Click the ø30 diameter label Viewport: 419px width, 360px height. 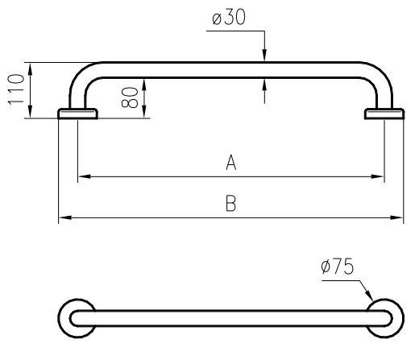pos(229,17)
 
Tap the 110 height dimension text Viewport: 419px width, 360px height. pos(16,90)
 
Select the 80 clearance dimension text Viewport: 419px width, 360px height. pos(130,97)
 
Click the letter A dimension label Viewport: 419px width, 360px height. pos(230,163)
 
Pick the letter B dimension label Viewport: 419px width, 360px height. pos(230,204)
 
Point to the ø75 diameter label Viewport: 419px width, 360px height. pos(338,267)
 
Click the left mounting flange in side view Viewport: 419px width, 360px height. pos(77,114)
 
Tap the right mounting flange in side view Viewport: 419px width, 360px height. pos(384,114)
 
